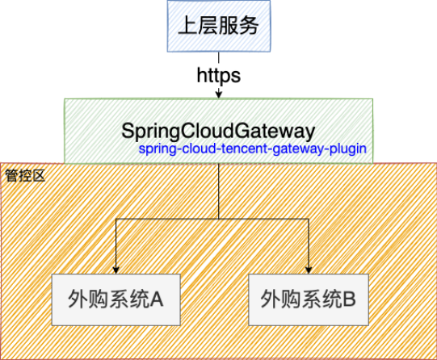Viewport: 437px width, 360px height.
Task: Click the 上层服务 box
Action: coord(219,26)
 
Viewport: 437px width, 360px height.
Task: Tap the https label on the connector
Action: coord(219,75)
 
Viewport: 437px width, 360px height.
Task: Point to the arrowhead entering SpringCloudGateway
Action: coord(219,94)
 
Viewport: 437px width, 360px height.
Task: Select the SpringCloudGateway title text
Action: coord(218,131)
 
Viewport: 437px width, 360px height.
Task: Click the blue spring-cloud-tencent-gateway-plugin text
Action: coord(253,149)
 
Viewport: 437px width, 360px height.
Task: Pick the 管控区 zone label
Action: coord(25,176)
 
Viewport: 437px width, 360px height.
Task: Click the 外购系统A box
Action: coord(116,299)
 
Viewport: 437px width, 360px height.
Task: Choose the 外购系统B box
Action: coord(309,299)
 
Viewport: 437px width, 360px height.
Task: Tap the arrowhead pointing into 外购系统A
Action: coord(116,270)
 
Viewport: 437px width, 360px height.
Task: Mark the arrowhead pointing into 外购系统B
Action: coord(309,270)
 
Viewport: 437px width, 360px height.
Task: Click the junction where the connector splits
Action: coord(219,219)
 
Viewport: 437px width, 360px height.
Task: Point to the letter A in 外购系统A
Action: coord(157,299)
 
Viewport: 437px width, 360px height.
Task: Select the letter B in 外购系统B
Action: coord(349,299)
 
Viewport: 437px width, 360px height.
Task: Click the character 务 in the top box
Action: coord(249,26)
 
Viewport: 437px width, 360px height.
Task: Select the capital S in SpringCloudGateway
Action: coord(128,131)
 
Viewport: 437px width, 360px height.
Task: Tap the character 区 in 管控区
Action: coord(39,176)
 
